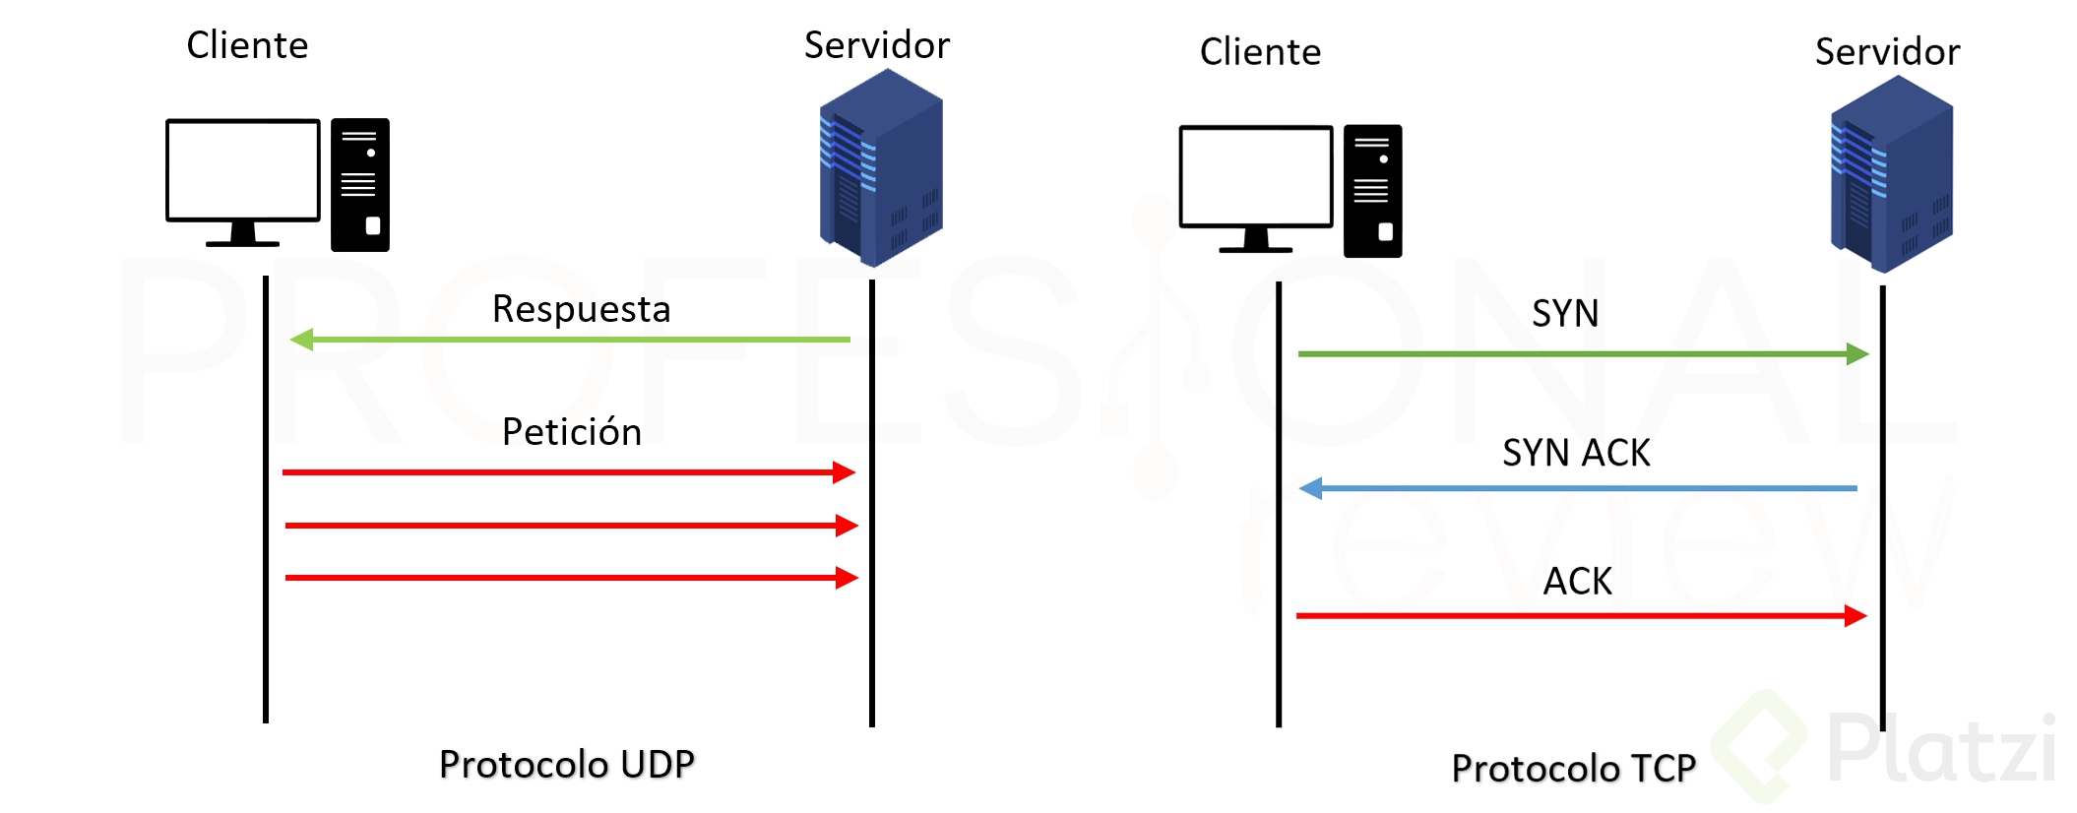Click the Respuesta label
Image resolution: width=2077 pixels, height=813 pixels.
pos(581,309)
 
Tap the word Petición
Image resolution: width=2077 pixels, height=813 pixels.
pos(571,432)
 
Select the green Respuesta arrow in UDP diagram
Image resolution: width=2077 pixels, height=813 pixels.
pos(571,340)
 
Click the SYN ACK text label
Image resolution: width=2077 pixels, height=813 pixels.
pos(1576,453)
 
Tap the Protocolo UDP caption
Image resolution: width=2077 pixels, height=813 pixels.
pos(566,764)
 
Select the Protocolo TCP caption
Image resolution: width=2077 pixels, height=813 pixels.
pos(1573,768)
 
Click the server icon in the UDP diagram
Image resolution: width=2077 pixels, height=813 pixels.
pos(881,169)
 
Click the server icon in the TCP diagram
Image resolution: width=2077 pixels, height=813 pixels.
pos(1891,175)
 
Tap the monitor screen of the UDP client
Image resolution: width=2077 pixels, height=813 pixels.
pos(243,170)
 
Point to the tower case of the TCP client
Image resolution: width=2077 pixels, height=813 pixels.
pos(1372,191)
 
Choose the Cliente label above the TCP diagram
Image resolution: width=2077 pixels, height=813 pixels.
pos(1260,52)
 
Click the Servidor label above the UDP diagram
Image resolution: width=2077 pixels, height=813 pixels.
pos(876,45)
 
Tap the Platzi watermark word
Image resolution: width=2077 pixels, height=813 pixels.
pos(1939,748)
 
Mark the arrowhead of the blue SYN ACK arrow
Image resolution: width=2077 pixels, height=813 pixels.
pos(1311,488)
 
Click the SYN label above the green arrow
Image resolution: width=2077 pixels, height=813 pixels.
pos(1565,314)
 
